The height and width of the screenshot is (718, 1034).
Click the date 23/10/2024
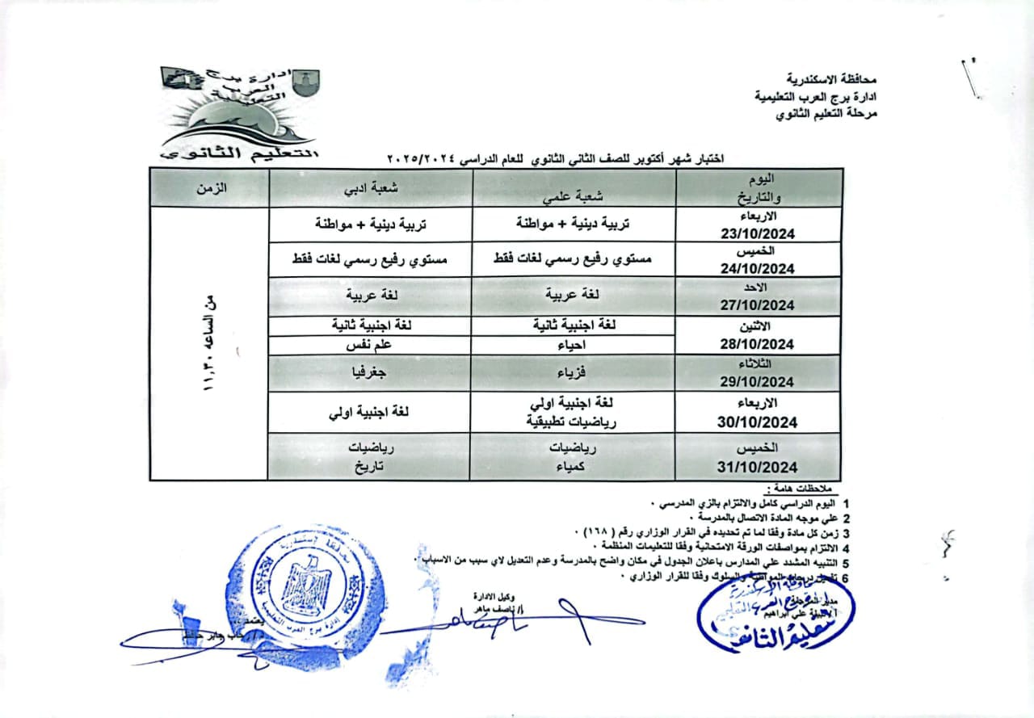(x=758, y=234)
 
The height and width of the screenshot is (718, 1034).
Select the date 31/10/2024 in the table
(x=758, y=468)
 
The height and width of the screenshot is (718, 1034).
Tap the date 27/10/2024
(x=758, y=305)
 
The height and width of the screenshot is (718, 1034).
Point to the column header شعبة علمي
(x=574, y=191)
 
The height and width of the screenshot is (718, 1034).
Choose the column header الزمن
(x=210, y=187)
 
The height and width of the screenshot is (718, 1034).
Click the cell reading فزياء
(x=574, y=374)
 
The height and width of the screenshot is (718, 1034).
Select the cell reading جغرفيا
(x=370, y=374)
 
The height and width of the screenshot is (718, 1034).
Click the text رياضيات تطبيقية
(x=574, y=421)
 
